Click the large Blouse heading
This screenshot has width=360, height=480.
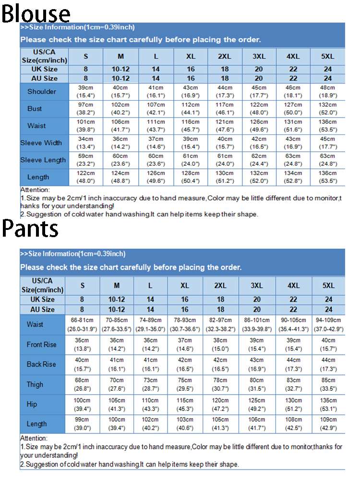coord(36,13)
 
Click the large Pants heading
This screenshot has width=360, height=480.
coord(30,228)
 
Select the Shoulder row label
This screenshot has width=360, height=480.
coord(42,92)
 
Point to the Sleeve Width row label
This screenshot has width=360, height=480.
coord(41,143)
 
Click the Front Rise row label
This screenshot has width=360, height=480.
coord(41,344)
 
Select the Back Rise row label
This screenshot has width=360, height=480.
coord(41,364)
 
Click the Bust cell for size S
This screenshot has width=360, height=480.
coord(86,109)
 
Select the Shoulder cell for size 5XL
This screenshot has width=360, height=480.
coord(328,92)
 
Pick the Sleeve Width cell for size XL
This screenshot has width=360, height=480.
coord(191,143)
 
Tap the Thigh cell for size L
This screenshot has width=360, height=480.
coord(150,384)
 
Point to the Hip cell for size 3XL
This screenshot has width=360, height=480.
coord(257,404)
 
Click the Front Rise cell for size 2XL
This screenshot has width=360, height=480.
coord(220,344)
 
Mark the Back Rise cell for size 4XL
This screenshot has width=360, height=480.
coord(293,364)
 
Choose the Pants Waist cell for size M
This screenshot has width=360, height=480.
coord(117,324)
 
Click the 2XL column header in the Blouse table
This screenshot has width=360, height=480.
coord(225,57)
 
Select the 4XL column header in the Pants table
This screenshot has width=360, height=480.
coord(293,286)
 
